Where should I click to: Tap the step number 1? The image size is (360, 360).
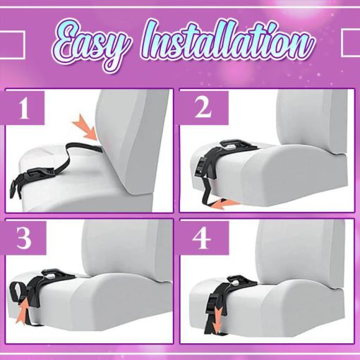25,111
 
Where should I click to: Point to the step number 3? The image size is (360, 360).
25,240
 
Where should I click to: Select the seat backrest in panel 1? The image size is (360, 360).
134,141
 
